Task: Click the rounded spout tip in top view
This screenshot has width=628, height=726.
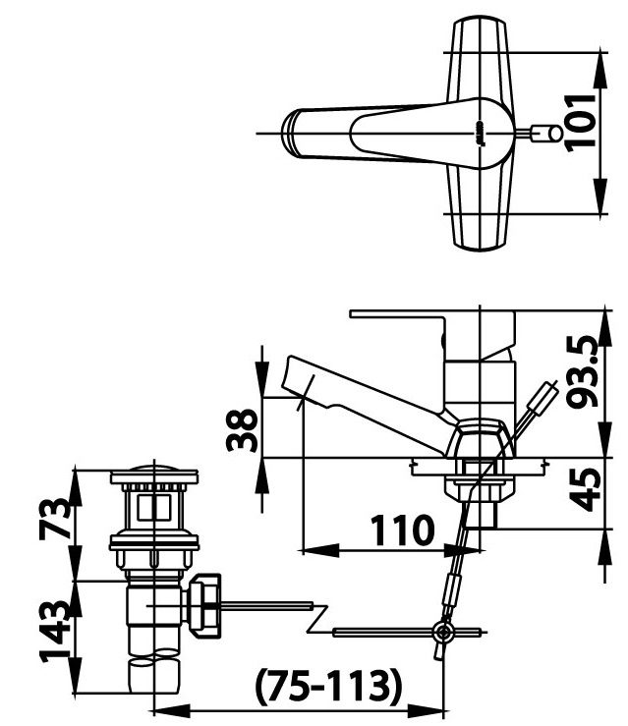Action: point(292,132)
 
